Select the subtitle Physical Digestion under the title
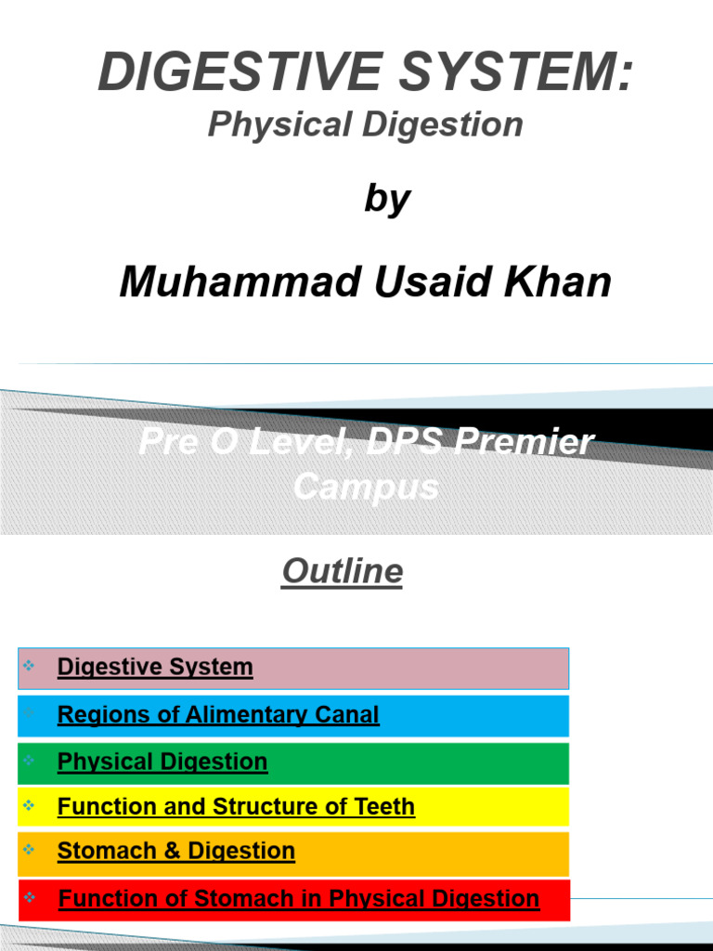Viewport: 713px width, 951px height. [x=365, y=124]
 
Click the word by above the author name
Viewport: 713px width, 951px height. [x=387, y=199]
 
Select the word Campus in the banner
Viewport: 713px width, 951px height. [x=366, y=486]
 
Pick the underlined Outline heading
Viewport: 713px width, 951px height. [x=343, y=571]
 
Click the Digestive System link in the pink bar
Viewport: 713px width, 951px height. [x=155, y=667]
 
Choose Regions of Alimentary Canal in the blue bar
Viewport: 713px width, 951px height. [x=218, y=714]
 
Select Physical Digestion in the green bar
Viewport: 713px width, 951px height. [x=162, y=762]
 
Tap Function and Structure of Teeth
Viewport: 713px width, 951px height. [x=236, y=806]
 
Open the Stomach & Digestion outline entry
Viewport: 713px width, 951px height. [x=176, y=851]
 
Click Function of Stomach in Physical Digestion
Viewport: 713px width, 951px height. [x=299, y=898]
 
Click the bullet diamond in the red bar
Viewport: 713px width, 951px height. [x=30, y=897]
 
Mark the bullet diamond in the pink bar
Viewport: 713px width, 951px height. [x=29, y=665]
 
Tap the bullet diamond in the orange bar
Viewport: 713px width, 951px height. [x=29, y=849]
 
